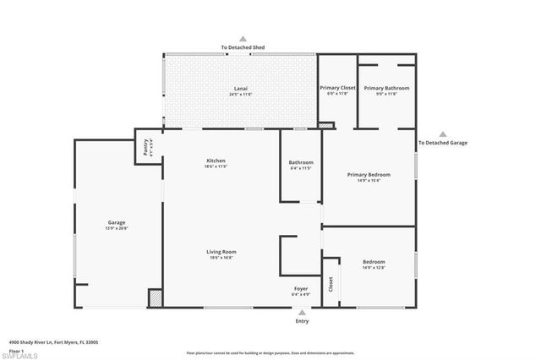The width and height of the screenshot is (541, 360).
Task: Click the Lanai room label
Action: point(240,88)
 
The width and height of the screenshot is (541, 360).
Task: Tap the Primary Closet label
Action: point(337,88)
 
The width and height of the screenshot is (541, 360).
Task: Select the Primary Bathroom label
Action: point(386,88)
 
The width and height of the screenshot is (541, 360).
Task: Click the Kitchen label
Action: point(216,161)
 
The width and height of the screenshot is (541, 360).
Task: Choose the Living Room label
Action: point(221,252)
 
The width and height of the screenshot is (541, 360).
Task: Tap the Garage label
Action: point(116,222)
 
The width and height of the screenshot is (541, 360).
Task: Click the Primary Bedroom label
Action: point(369,174)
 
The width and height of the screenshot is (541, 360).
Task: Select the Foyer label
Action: point(302,288)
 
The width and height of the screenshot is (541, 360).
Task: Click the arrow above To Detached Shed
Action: point(242,39)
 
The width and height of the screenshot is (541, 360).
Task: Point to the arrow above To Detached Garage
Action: point(443,134)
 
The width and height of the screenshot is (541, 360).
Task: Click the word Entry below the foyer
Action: point(302,321)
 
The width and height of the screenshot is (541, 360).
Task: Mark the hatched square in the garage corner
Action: point(155,297)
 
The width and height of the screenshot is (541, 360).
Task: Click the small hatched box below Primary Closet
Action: point(326,126)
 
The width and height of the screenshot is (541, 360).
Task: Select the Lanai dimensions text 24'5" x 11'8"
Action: point(240,95)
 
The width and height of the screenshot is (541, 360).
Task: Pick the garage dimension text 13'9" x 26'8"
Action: point(116,229)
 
